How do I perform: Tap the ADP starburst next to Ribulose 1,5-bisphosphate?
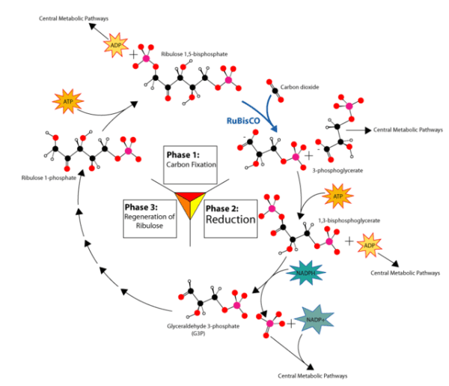click(114, 46)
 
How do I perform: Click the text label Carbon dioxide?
click(299, 88)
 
